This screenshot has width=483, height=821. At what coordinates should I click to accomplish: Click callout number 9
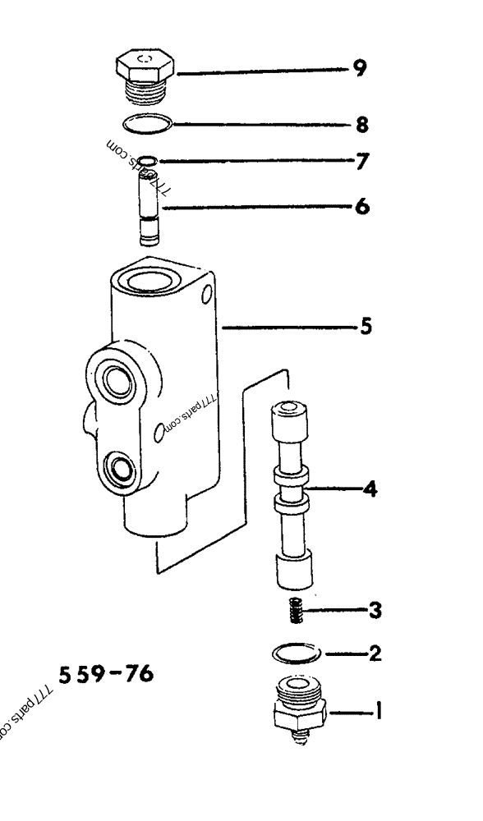[359, 68]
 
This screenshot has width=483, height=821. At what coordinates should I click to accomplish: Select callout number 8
[361, 126]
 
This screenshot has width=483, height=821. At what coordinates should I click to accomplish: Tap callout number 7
[360, 162]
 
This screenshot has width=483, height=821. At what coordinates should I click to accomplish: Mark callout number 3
[374, 610]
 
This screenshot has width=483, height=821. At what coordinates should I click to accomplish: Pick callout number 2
[375, 654]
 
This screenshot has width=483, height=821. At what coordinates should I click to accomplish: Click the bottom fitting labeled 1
[301, 707]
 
